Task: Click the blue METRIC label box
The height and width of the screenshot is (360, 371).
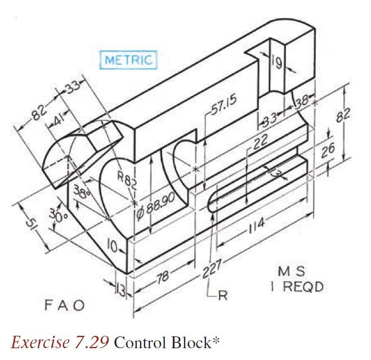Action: coord(128,60)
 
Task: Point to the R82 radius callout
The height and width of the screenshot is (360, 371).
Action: coord(127,181)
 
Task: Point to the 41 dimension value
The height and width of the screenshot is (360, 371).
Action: coord(59,120)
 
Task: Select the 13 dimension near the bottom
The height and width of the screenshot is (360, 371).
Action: coord(120,291)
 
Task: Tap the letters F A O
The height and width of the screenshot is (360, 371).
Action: coord(64,305)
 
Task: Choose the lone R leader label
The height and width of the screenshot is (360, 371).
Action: coord(221,296)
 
